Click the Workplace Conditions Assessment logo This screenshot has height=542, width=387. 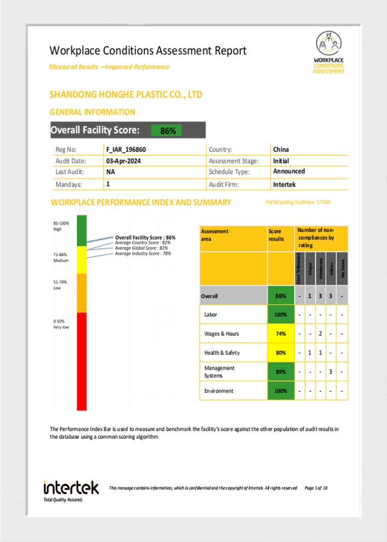pyautogui.click(x=330, y=52)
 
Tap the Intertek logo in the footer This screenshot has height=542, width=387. pyautogui.click(x=71, y=490)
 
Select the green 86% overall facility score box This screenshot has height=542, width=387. pyautogui.click(x=167, y=131)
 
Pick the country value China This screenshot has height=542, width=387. pyautogui.click(x=281, y=149)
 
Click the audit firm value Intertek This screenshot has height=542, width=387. pyautogui.click(x=285, y=185)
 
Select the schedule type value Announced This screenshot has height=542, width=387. pyautogui.click(x=289, y=171)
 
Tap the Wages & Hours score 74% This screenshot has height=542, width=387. pyautogui.click(x=281, y=334)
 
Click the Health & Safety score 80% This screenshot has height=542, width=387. pyautogui.click(x=281, y=353)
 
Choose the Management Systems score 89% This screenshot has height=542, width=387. pyautogui.click(x=281, y=372)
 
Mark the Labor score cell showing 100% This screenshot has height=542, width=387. pyautogui.click(x=281, y=315)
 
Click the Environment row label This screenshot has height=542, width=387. pyautogui.click(x=219, y=391)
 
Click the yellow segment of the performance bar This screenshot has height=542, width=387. pyautogui.click(x=82, y=259)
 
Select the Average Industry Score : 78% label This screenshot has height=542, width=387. pyautogui.click(x=143, y=253)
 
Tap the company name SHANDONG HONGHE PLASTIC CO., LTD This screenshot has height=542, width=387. pyautogui.click(x=126, y=95)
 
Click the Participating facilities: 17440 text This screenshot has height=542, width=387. pyautogui.click(x=298, y=202)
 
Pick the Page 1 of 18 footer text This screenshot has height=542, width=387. pyautogui.click(x=316, y=488)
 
